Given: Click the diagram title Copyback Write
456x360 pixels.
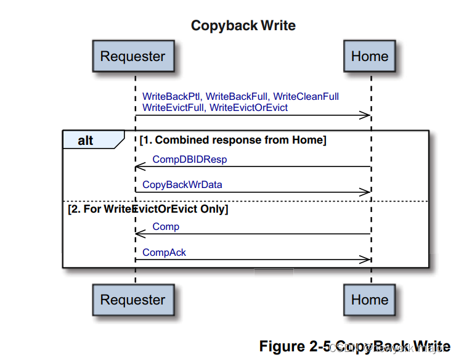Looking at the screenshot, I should (243, 26).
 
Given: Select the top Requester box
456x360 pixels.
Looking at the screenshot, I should (133, 57).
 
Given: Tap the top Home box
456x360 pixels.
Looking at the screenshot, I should (370, 57).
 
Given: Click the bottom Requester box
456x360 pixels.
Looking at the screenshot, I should (133, 300).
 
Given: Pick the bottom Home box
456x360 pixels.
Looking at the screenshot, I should (370, 300).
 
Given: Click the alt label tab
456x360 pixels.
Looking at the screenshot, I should (86, 141).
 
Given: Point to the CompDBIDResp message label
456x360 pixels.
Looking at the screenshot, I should (189, 159).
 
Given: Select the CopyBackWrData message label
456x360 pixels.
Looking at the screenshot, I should (182, 184).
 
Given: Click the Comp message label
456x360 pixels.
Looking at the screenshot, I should (166, 227).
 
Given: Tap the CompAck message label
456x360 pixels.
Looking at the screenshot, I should (164, 252).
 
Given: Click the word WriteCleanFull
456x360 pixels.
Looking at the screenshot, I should (306, 97).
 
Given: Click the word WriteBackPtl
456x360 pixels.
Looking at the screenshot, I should (171, 97).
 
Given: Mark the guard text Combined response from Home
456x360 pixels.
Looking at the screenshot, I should (233, 141).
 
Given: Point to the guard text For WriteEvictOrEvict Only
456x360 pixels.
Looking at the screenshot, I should (148, 210).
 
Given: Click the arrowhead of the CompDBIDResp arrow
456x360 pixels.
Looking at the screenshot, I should (139, 166).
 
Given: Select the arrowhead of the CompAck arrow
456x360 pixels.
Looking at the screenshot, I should (367, 260).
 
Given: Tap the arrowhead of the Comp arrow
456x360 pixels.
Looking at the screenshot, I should (139, 234).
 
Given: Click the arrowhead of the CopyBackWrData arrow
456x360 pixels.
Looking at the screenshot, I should (367, 192).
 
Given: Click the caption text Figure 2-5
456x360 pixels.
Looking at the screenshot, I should (295, 346).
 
